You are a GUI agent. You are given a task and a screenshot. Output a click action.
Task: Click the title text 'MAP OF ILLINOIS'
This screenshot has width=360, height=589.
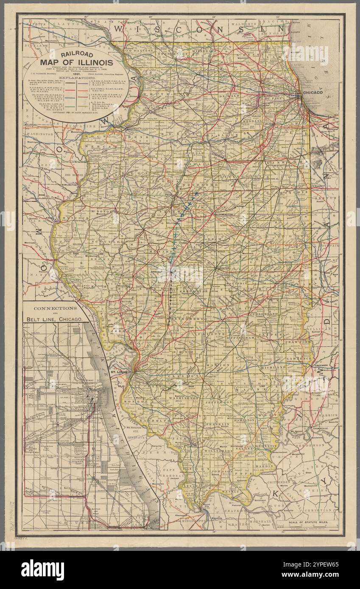coord(76,63)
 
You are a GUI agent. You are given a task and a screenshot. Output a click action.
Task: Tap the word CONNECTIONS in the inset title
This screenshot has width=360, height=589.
coord(55,308)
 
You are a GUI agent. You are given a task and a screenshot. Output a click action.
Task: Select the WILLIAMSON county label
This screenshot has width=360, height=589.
coord(217,451)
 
